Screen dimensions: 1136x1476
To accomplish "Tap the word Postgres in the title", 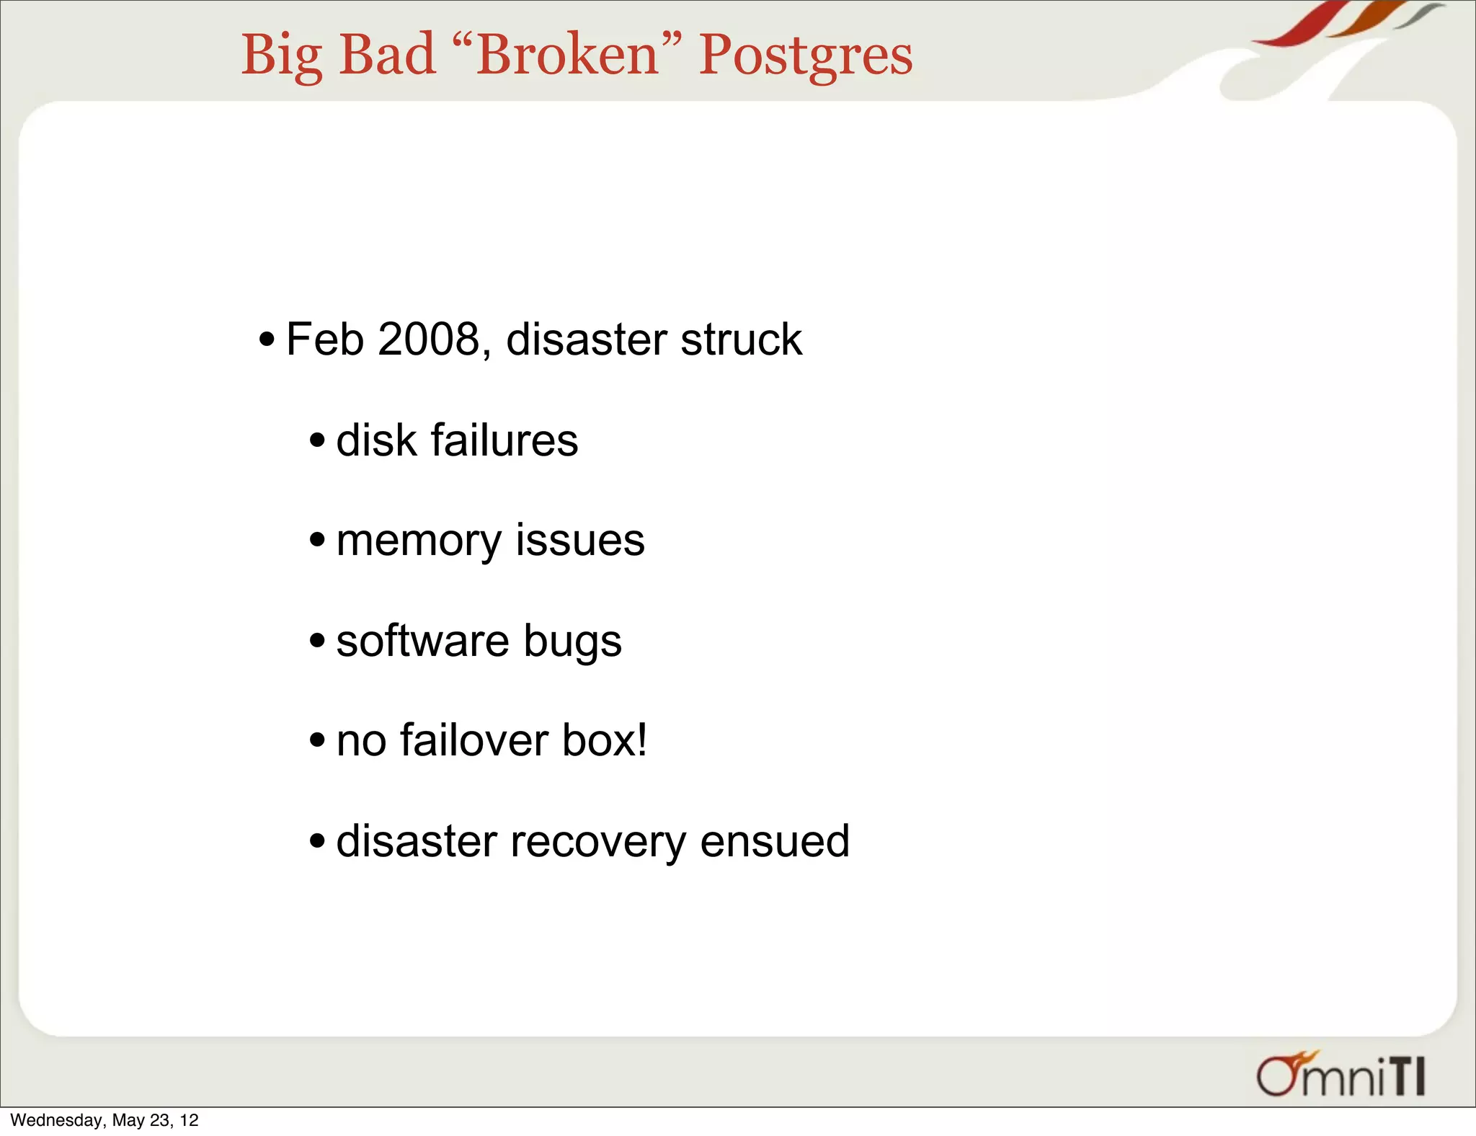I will coord(805,56).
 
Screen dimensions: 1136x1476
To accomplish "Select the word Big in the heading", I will coord(281,56).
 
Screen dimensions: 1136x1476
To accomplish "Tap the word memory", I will coord(419,541).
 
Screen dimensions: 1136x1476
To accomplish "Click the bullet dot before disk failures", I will coord(317,440).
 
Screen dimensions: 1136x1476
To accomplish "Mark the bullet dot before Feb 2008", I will coord(267,339).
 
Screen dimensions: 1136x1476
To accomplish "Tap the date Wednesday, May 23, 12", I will coord(105,1120).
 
